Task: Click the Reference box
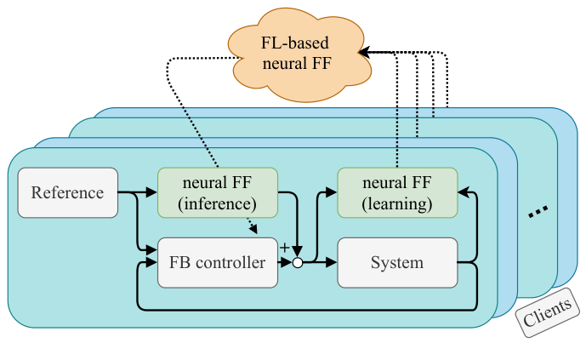[67, 192]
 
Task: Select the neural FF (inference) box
[218, 192]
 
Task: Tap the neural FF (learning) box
[397, 192]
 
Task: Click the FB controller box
[218, 263]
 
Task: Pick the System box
[397, 263]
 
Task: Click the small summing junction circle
[298, 263]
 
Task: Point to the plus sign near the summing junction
[284, 248]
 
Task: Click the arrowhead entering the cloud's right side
[363, 53]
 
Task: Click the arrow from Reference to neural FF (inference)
[140, 192]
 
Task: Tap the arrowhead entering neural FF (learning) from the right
[463, 192]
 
